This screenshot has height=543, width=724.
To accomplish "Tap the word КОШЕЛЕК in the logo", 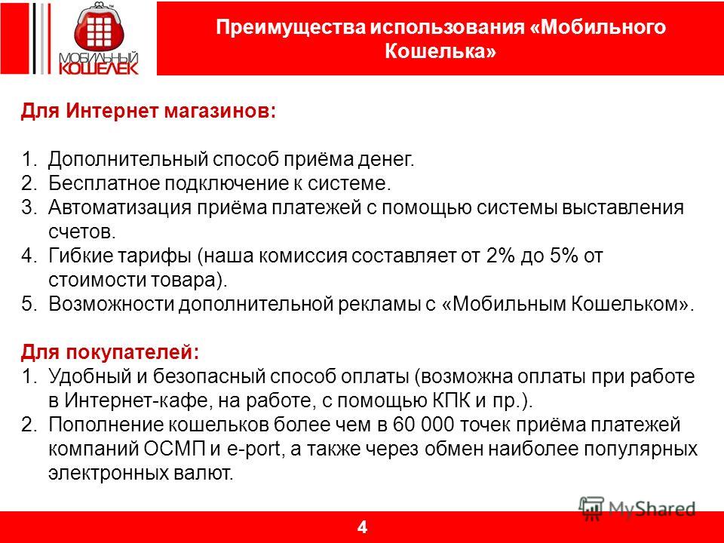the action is tap(99, 68).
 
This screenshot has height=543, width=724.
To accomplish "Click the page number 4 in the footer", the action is tap(362, 527).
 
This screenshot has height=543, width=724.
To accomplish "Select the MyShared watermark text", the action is tap(652, 509).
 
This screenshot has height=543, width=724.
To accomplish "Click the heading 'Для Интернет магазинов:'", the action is tap(149, 112).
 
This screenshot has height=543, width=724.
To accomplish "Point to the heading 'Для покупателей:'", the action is tap(110, 352).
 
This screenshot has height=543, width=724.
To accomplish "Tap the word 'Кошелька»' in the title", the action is tap(440, 51).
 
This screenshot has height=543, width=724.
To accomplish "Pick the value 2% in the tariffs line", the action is tap(501, 256).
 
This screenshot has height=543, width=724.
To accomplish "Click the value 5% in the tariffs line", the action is tap(564, 256).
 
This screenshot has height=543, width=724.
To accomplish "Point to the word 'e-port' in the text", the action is tap(254, 449).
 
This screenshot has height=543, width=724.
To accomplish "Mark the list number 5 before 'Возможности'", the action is tap(28, 304).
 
